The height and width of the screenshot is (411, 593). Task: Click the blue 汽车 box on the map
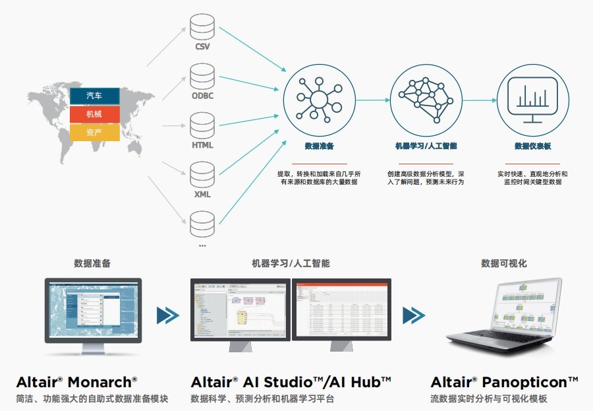tap(94, 96)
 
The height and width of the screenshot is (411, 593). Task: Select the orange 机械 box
tap(94, 114)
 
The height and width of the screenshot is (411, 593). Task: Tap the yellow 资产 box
tap(94, 133)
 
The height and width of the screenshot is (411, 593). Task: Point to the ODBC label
tap(202, 95)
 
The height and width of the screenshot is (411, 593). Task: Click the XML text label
tap(202, 195)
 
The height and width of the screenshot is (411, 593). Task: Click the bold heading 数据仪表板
tap(532, 146)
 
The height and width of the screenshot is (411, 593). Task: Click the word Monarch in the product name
tap(105, 382)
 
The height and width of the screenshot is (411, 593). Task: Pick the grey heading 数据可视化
tap(504, 263)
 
